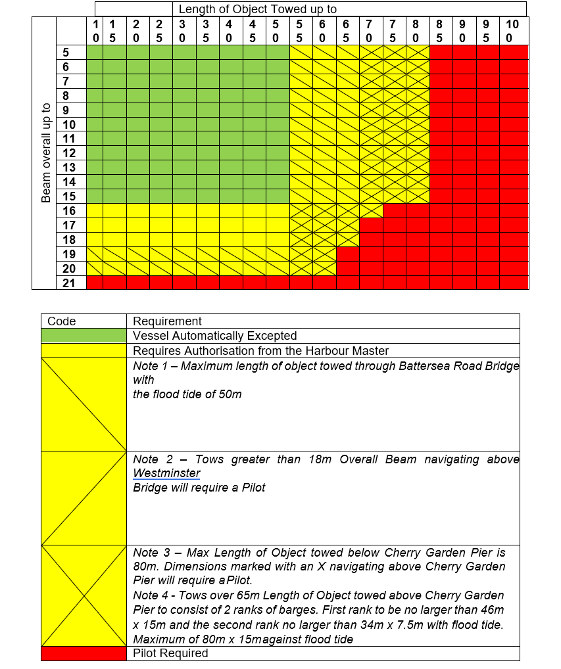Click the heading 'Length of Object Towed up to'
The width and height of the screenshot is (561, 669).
click(x=257, y=9)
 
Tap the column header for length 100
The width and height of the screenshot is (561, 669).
click(x=513, y=31)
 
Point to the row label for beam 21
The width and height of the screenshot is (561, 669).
click(x=70, y=283)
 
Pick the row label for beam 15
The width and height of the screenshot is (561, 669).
click(x=70, y=196)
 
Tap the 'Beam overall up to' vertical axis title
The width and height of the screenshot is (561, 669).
click(x=46, y=153)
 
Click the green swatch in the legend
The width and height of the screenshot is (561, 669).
click(x=84, y=336)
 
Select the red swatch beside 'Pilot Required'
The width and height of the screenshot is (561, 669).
click(x=84, y=653)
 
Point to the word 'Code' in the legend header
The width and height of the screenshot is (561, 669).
click(x=62, y=321)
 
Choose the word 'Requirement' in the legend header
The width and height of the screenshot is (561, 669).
click(x=167, y=321)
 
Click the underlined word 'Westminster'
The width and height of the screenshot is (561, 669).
click(x=166, y=473)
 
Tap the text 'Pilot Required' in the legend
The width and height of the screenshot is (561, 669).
click(x=170, y=653)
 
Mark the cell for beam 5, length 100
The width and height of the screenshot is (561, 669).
click(x=514, y=53)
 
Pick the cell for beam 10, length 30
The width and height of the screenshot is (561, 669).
click(x=185, y=125)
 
